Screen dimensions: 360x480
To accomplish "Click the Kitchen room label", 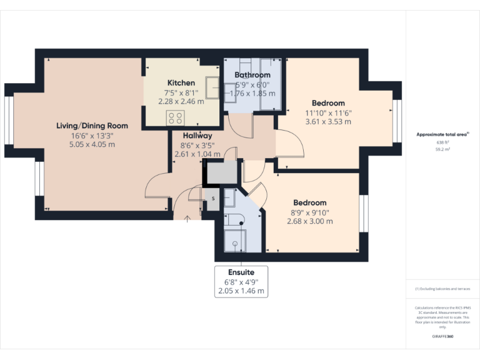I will tap(181, 83).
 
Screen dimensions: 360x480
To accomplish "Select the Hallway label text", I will tap(197, 136).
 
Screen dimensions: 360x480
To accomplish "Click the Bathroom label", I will tap(252, 75).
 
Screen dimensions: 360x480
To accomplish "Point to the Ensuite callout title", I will tap(241, 273).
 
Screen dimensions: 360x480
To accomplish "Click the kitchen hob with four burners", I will tap(176, 117).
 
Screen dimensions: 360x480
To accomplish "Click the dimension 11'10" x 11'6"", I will tap(328, 112).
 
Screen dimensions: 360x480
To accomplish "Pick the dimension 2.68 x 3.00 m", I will tap(309, 221).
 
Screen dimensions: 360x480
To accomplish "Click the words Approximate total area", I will tap(441, 134).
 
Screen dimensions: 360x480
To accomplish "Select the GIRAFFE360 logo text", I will tap(442, 336).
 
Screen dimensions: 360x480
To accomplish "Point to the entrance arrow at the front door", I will tap(189, 218).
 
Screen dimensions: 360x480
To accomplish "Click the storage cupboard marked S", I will tap(212, 198).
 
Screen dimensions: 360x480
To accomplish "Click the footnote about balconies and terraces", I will tap(442, 289).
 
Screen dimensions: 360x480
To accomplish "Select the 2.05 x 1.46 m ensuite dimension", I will tap(241, 291).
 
